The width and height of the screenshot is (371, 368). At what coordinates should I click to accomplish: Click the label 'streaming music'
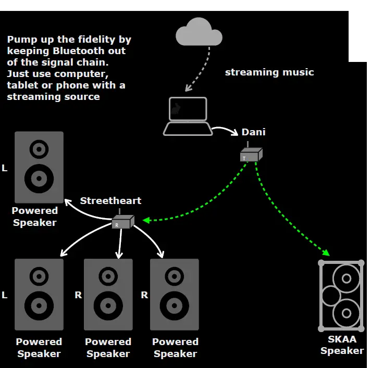click(269, 72)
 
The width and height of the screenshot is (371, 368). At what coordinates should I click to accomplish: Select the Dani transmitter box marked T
click(251, 155)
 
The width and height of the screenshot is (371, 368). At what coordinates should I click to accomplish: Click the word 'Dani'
click(253, 132)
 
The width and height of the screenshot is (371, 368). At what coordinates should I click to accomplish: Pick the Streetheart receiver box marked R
click(123, 222)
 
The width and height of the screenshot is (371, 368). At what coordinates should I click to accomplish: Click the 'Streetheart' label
click(110, 201)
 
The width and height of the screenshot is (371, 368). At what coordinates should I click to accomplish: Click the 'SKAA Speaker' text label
click(342, 345)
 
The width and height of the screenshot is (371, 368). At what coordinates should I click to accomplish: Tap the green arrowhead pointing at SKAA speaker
click(326, 252)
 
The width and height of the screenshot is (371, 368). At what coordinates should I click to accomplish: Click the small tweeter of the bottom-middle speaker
click(108, 275)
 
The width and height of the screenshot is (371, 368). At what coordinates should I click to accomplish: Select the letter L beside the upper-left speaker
click(5, 169)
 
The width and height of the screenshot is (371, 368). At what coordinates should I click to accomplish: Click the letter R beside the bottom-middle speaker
click(78, 295)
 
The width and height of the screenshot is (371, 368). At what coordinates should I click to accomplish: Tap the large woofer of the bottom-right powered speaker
click(175, 306)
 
